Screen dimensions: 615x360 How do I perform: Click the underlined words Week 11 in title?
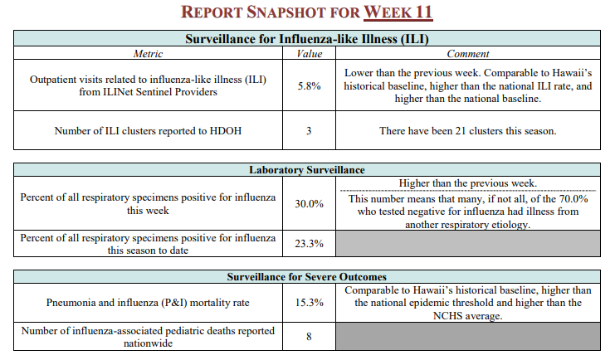pyautogui.click(x=398, y=12)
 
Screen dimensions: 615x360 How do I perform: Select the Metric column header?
pyautogui.click(x=148, y=54)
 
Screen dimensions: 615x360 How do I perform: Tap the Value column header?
pyautogui.click(x=309, y=54)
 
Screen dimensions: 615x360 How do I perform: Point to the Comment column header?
pyautogui.click(x=468, y=54)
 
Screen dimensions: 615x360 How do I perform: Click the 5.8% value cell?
pyautogui.click(x=309, y=86)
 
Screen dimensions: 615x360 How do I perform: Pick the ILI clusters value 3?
pyautogui.click(x=309, y=130)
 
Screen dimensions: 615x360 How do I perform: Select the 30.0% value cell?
pyautogui.click(x=309, y=204)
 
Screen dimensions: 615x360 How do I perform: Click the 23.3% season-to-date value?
pyautogui.click(x=309, y=244)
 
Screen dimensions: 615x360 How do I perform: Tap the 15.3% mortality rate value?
pyautogui.click(x=309, y=303)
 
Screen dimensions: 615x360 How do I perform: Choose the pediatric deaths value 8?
pyautogui.click(x=309, y=337)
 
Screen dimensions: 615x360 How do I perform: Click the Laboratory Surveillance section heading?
pyautogui.click(x=307, y=170)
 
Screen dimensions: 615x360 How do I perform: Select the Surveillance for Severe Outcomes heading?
pyautogui.click(x=307, y=277)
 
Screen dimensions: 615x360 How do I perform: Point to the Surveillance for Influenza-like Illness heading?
pyautogui.click(x=307, y=39)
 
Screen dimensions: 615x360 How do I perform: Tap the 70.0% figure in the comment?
pyautogui.click(x=574, y=199)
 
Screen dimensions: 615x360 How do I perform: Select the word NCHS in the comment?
pyautogui.click(x=446, y=316)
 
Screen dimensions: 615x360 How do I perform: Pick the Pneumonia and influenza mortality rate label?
pyautogui.click(x=148, y=303)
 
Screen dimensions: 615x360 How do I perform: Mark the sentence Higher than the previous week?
pyautogui.click(x=468, y=183)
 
